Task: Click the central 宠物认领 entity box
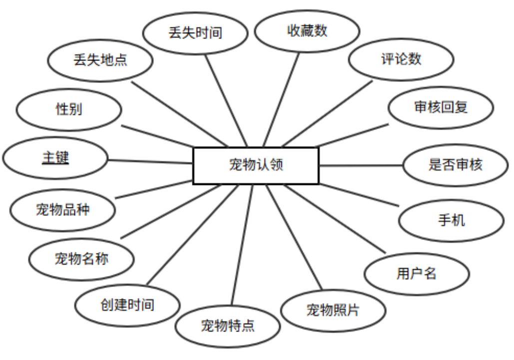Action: pyautogui.click(x=256, y=165)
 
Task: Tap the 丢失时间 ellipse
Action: pyautogui.click(x=195, y=33)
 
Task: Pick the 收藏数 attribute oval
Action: pyautogui.click(x=307, y=31)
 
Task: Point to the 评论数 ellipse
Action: pyautogui.click(x=401, y=59)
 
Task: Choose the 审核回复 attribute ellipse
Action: pyautogui.click(x=441, y=107)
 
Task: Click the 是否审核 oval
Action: pyautogui.click(x=455, y=165)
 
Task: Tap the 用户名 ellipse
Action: pyautogui.click(x=417, y=274)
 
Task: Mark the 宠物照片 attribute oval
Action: pyautogui.click(x=333, y=310)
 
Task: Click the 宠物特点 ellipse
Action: pyautogui.click(x=228, y=326)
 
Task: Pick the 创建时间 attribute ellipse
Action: pyautogui.click(x=127, y=305)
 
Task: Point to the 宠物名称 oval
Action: pyautogui.click(x=81, y=259)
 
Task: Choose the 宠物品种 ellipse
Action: pyautogui.click(x=63, y=209)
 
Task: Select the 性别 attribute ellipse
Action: pyautogui.click(x=69, y=109)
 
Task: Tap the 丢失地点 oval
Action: pyautogui.click(x=100, y=60)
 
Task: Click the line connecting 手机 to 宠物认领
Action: pyautogui.click(x=360, y=194)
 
